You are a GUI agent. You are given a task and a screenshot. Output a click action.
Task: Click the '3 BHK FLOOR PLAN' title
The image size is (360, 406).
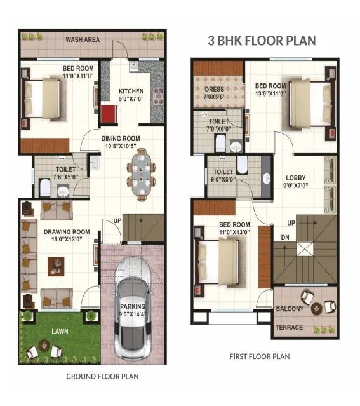coord(262,41)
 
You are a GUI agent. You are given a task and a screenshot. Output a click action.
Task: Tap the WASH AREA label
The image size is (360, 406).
coord(83,40)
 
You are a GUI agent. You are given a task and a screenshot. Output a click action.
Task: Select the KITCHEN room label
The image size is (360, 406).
coord(131,91)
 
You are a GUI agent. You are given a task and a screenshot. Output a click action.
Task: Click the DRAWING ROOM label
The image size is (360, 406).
coord(67,232)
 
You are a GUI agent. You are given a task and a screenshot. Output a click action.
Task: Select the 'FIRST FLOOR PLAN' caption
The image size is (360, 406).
coord(259,356)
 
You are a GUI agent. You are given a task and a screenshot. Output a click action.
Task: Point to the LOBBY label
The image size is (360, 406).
coord(296,178)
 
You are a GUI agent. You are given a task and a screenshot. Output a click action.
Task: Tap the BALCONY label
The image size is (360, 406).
coord(289,309)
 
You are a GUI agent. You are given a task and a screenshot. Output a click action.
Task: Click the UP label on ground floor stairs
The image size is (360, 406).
coord(117,220)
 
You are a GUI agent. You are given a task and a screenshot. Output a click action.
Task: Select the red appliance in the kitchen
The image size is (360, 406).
coord(109,116)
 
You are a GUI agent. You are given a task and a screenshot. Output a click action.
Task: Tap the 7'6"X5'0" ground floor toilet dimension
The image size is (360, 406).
coord(65,178)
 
